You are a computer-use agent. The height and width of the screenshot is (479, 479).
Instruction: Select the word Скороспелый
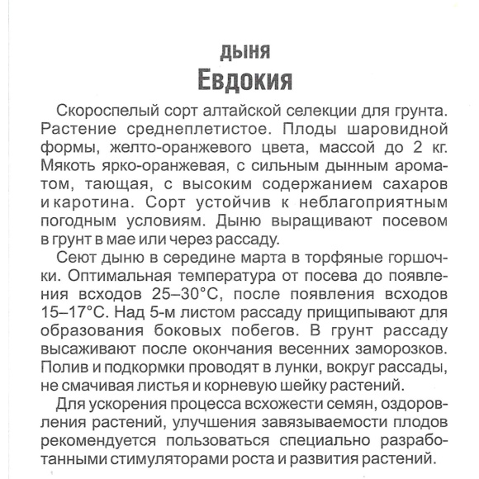(101, 111)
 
